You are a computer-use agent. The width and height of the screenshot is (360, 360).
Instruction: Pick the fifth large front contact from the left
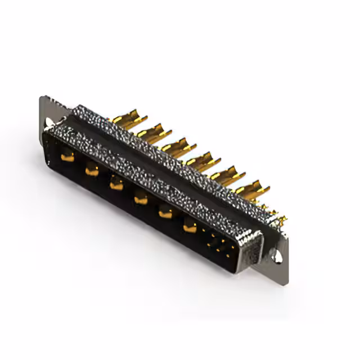165,212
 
